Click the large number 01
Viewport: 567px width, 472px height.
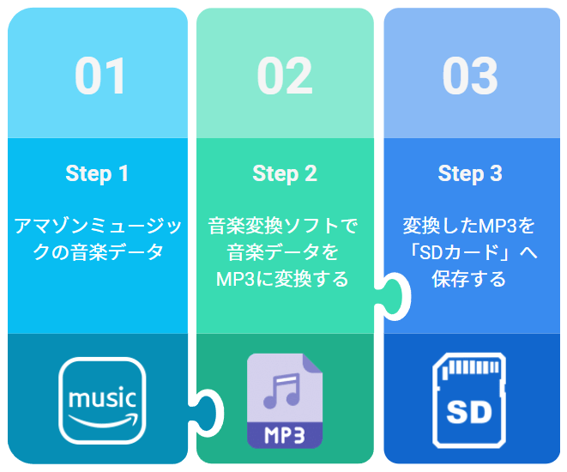[x=100, y=76]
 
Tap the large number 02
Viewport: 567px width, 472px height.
[x=285, y=76]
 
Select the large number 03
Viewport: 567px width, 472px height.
[x=470, y=76]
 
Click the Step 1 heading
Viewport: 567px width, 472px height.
[x=97, y=173]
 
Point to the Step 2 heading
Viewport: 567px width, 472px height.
[x=285, y=173]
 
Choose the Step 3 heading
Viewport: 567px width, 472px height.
[x=470, y=173]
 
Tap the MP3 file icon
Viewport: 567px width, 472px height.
[x=285, y=401]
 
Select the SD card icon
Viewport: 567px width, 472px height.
[x=469, y=401]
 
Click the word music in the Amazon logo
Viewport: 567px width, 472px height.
[x=102, y=398]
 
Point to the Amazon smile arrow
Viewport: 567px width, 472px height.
[x=104, y=421]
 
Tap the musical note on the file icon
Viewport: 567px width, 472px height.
[x=282, y=390]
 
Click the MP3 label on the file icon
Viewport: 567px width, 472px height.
[x=285, y=435]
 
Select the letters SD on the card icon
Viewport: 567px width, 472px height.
[x=469, y=412]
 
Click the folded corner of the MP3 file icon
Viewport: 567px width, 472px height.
[x=311, y=363]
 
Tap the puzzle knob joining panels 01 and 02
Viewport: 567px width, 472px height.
[x=207, y=413]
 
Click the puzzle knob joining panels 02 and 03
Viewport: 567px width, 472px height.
[x=394, y=296]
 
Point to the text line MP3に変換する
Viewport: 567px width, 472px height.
[x=282, y=279]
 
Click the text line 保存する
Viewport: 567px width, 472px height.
[x=468, y=279]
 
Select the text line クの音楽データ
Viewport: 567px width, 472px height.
[x=98, y=252]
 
